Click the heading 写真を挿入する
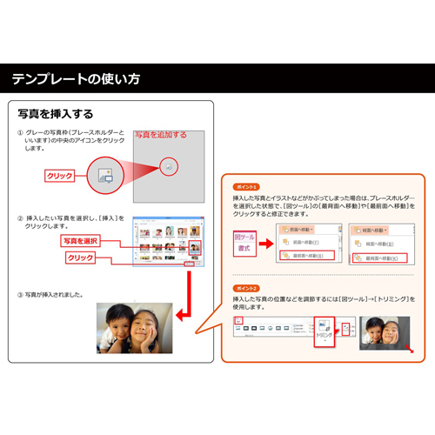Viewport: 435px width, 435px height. point(56,114)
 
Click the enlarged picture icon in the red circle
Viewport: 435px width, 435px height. point(105,176)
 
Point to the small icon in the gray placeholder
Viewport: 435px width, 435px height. point(169,165)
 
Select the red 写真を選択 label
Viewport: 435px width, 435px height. point(80,240)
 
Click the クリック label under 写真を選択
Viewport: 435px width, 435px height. point(80,258)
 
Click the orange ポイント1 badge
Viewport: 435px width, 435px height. point(246,187)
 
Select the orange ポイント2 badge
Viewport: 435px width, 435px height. point(246,286)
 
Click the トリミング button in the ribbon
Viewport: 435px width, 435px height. point(325,329)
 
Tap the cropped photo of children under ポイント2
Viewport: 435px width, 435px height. point(385,333)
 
